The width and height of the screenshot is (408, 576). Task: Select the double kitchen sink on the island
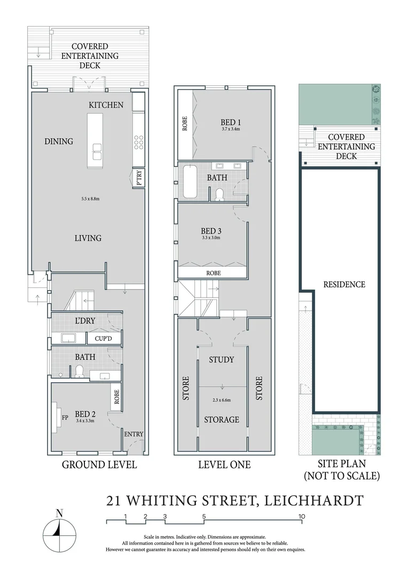point(97,152)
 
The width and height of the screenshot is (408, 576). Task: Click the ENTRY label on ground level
point(134,434)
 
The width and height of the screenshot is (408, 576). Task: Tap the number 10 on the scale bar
point(302,516)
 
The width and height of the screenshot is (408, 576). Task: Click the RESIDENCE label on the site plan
point(344,284)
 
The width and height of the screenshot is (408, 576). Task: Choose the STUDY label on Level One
point(221,359)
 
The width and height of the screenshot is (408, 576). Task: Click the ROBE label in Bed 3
point(212,273)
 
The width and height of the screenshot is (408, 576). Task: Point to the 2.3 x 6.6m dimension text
point(221,399)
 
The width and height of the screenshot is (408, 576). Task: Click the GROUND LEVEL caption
point(99,465)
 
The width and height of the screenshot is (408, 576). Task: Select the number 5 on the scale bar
point(204,516)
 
